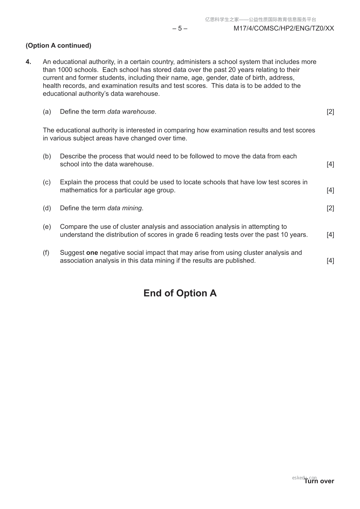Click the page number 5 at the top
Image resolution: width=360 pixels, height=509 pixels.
pos(180,28)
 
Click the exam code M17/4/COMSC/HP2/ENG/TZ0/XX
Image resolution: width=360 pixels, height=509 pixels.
pos(284,28)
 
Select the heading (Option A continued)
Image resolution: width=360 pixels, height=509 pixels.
pos(58,46)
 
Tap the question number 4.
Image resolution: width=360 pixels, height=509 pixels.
pos(28,62)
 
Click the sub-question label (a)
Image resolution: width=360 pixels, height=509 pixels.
pos(47,112)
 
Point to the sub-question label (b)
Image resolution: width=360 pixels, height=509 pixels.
pos(47,156)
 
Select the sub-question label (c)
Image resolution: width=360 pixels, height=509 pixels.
pos(47,182)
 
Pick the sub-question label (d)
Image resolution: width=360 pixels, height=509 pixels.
pos(47,208)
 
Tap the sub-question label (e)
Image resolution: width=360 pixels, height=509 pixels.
pos(47,227)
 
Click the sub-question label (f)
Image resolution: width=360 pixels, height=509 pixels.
pos(46,253)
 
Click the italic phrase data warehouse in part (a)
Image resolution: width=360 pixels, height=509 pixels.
pos(131,112)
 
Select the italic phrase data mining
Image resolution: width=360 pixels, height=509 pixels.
pos(124,208)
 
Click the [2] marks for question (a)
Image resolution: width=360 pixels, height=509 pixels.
pos(330,112)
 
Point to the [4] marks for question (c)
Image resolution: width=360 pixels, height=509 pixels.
pos(330,190)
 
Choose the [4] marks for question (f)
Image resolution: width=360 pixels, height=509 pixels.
pos(330,261)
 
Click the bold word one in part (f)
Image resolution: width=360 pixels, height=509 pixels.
pos(92,253)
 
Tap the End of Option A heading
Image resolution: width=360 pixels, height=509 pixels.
pos(180,293)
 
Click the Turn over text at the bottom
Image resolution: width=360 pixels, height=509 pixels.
pos(319,481)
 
